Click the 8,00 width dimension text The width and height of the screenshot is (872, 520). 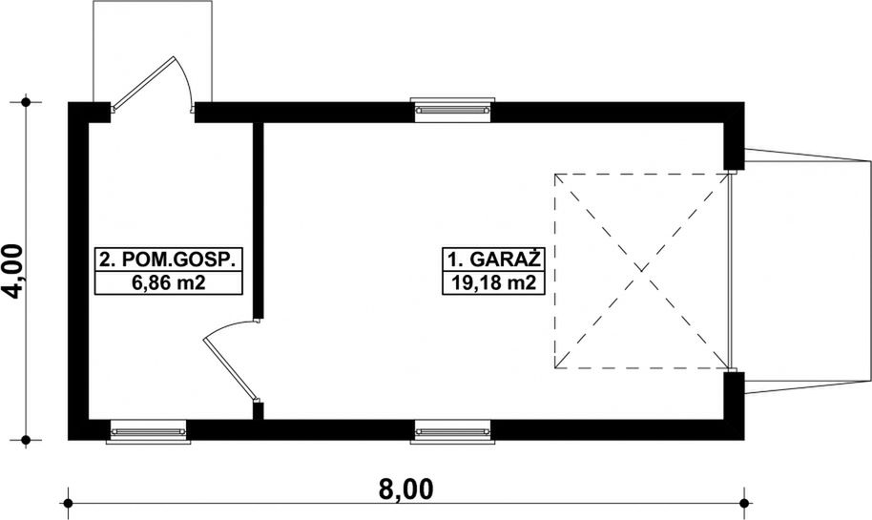pos(405,490)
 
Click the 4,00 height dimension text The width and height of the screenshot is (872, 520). pos(12,271)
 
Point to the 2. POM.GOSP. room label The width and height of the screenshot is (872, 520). pos(169,260)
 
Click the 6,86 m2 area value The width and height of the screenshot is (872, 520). pos(169,282)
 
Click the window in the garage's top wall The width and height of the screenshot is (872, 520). pos(452,109)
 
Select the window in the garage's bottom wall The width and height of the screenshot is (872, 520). pos(452,431)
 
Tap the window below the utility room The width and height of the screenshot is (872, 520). pos(149,431)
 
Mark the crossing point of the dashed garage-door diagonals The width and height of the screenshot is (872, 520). pos(642,271)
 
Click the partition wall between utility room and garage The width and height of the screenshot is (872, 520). pos(258,220)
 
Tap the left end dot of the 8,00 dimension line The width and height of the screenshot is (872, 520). pos(68,504)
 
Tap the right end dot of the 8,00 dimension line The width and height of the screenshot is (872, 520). pos(745,504)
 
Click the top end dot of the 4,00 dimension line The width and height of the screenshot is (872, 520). pos(26,102)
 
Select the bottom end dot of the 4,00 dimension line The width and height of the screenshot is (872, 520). pos(26,440)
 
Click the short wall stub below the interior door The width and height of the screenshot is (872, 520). pos(258,411)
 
